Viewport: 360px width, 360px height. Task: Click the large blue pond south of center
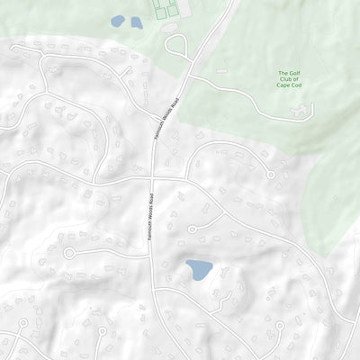pos(198,269)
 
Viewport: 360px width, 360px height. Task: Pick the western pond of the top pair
pos(118,21)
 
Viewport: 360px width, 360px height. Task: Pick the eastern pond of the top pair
pos(136,22)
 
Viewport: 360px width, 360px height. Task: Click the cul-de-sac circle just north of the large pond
pos(192,229)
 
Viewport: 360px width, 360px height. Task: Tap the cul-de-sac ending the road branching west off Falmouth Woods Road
pos(69,254)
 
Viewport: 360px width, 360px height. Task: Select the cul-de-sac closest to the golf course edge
pos(269,175)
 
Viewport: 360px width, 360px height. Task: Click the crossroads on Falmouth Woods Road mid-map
pos(152,178)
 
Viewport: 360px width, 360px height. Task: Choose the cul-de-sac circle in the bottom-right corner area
pos(280,325)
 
